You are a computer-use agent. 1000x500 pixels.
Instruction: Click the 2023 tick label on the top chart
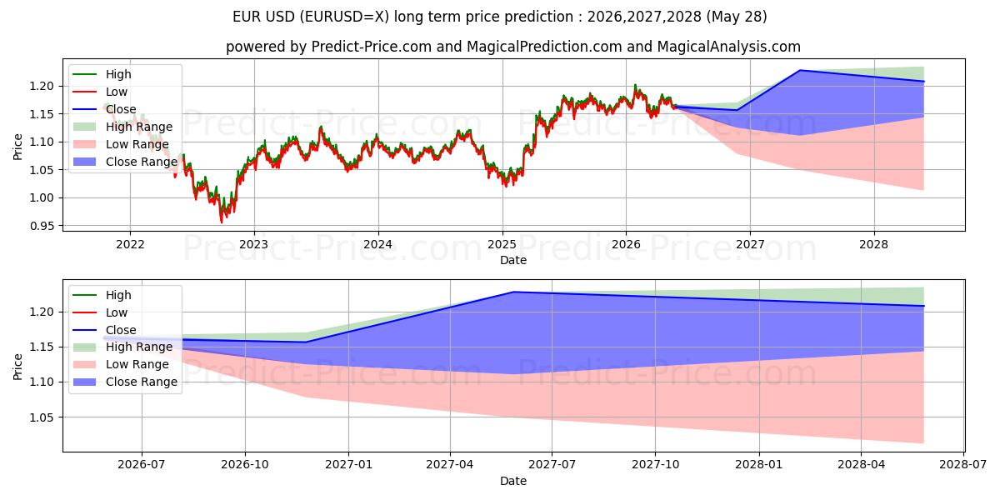[254, 245]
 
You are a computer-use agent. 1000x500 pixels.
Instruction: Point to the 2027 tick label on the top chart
[750, 245]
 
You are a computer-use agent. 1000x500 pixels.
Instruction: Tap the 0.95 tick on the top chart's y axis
[42, 227]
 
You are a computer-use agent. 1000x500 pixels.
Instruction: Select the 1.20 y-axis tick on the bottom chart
[42, 312]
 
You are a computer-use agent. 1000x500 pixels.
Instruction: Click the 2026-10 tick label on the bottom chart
[245, 465]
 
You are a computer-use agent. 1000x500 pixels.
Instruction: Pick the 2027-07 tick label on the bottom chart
[552, 465]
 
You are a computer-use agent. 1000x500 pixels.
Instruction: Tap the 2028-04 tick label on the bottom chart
[861, 465]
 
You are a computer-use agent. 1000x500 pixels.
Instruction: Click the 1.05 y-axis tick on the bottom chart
[42, 417]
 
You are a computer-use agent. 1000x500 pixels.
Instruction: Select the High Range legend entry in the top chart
[122, 127]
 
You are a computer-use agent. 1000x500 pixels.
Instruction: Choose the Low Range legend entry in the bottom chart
[121, 364]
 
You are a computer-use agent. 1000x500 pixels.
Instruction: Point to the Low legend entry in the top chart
[100, 92]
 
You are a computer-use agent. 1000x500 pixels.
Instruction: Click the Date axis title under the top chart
[513, 260]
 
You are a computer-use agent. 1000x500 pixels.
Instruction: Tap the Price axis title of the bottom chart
[17, 367]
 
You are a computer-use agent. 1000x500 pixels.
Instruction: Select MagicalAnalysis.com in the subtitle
[729, 47]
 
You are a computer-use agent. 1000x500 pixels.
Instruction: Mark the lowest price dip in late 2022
[222, 222]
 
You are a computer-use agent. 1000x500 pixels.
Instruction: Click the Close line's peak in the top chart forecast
[800, 70]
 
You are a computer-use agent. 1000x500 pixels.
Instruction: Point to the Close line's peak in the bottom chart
[513, 292]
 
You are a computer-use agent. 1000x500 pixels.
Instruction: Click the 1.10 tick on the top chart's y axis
[42, 142]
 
